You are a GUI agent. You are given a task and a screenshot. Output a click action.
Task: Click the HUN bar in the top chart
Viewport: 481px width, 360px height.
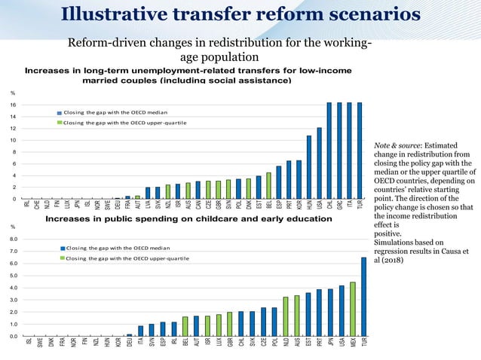coord(309,167)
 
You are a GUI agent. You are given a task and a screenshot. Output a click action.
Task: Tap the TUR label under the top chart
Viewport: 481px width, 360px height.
coord(360,206)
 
